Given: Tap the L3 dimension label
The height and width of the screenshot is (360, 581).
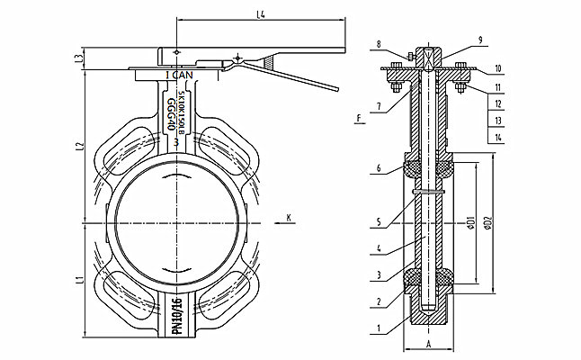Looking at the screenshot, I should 81,59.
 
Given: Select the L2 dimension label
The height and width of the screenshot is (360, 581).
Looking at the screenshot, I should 81,146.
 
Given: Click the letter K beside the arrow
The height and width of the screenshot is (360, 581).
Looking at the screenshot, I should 288,217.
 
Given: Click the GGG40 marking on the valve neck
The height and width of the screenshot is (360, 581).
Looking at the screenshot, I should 171,114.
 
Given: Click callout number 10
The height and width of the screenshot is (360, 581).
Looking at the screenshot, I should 497,67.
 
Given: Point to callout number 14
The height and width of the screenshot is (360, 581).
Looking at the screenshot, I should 497,136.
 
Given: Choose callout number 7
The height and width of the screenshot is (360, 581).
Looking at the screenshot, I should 380,106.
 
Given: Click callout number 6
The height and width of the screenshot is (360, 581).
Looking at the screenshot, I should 380,168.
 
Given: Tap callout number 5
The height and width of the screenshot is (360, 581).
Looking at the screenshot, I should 380,220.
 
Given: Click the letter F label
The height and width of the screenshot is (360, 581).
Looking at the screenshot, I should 359,117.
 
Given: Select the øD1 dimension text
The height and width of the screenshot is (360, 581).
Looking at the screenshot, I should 471,221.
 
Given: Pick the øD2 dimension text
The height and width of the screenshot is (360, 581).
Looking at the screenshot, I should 488,221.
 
